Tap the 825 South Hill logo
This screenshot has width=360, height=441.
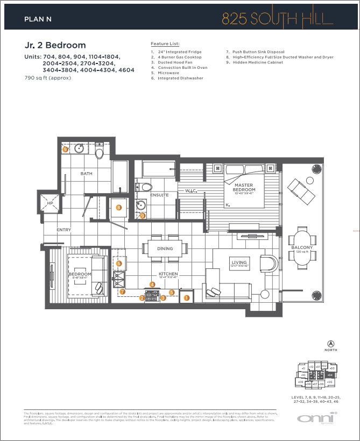[277, 18]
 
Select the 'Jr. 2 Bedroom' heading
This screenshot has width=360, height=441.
[55, 45]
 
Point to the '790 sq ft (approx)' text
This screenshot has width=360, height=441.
[48, 78]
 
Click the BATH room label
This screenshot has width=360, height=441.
[86, 174]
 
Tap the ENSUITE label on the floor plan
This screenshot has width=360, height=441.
[159, 195]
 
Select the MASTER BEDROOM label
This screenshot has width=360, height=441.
[243, 188]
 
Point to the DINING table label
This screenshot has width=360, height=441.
[165, 248]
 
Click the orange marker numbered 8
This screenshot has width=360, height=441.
[118, 207]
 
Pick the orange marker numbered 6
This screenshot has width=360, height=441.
[119, 264]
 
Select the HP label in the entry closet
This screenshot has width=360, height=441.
[51, 204]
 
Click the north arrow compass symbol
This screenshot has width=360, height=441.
[330, 344]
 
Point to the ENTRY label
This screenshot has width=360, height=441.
[63, 230]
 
